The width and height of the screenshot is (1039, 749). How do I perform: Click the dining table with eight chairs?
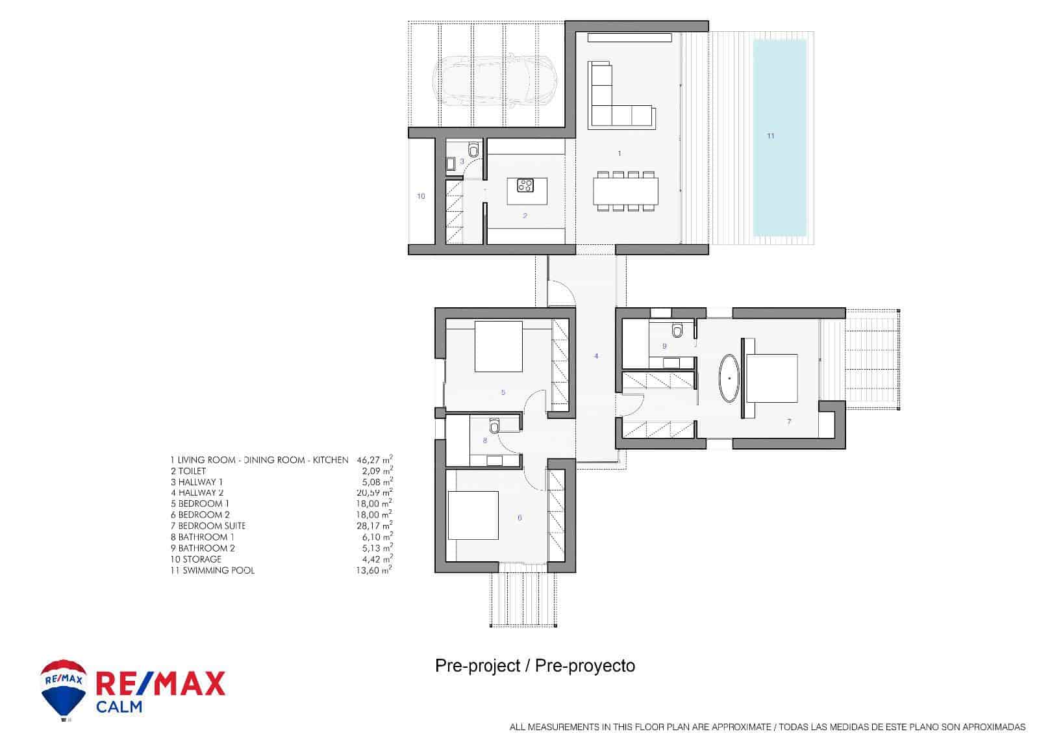click(x=625, y=191)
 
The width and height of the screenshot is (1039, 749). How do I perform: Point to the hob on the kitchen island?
click(x=525, y=186)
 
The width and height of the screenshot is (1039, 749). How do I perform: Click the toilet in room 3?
click(x=473, y=151)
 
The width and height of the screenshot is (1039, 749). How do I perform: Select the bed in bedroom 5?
click(x=499, y=346)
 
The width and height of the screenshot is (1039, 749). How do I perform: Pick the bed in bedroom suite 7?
click(x=771, y=378)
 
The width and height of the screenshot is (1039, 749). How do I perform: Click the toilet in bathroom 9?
click(x=678, y=331)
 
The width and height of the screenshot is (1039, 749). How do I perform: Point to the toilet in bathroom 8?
click(x=494, y=425)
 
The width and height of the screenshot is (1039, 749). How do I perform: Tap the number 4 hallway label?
click(x=596, y=356)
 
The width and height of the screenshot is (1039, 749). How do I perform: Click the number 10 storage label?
click(x=421, y=196)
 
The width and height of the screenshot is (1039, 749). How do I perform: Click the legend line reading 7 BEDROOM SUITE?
click(x=208, y=526)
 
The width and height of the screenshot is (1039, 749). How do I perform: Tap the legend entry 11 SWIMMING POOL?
click(x=212, y=570)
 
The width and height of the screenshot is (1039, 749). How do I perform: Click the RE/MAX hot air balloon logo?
click(x=64, y=690)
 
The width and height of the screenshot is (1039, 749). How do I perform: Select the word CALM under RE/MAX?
click(x=119, y=707)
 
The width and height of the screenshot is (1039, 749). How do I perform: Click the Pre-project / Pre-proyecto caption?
click(x=534, y=666)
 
